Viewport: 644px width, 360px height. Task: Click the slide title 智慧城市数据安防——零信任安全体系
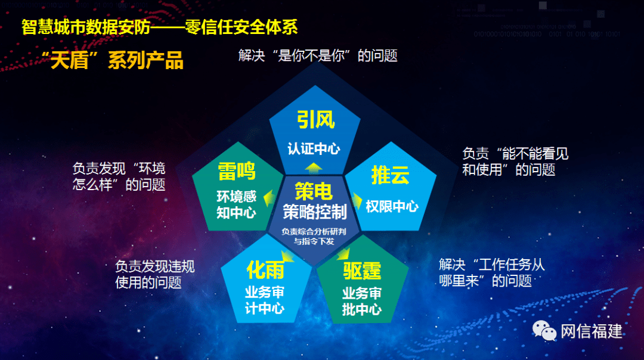[x=159, y=27]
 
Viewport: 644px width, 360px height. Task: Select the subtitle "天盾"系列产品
[x=113, y=60]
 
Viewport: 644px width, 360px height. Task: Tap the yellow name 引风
[x=315, y=120]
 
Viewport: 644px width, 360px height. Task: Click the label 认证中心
[x=314, y=148]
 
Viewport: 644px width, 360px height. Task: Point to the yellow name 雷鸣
[x=237, y=171]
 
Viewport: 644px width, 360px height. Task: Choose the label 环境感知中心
[x=236, y=204]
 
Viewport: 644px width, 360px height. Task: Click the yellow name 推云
[x=390, y=175]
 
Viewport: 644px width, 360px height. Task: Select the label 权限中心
[x=392, y=206]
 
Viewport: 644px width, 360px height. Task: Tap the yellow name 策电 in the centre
[x=314, y=191]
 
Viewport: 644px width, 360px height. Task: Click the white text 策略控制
[x=314, y=211]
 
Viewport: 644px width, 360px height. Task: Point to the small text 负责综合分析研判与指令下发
[x=314, y=236]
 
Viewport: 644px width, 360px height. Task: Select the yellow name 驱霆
[x=362, y=272]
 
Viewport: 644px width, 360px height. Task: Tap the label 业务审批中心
[x=362, y=302]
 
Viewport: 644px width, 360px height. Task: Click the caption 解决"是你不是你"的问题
[x=317, y=56]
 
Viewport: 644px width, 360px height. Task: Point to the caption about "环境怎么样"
[x=119, y=176]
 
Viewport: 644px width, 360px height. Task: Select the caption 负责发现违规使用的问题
[x=154, y=274]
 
